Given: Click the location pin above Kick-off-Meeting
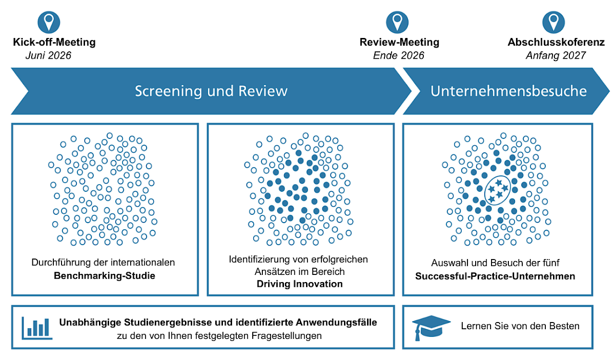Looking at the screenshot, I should coord(49,22).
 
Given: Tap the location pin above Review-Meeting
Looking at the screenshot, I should coord(397,22).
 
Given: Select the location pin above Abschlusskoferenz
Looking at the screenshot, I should coord(553,22).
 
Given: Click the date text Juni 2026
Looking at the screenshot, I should coord(48,55).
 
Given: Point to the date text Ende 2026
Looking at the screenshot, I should coord(399,55).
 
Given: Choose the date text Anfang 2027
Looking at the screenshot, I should coord(555,55).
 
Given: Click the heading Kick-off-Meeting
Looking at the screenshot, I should coord(54,42).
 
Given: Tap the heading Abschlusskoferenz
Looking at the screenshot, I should coord(556,42).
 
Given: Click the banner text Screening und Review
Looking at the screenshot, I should coord(211,91).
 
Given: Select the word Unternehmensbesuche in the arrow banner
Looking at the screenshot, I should coord(508,91).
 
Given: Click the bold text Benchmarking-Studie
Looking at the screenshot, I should coord(104,276).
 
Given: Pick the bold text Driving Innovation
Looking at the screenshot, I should coord(299,284).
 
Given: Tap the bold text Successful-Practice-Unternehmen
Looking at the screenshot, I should coord(495,276).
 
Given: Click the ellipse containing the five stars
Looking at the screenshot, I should coord(498,190).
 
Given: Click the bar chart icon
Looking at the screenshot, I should coord(37,327).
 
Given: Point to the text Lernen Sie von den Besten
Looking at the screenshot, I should coord(520,326).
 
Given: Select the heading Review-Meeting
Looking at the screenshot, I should coord(399,42).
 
